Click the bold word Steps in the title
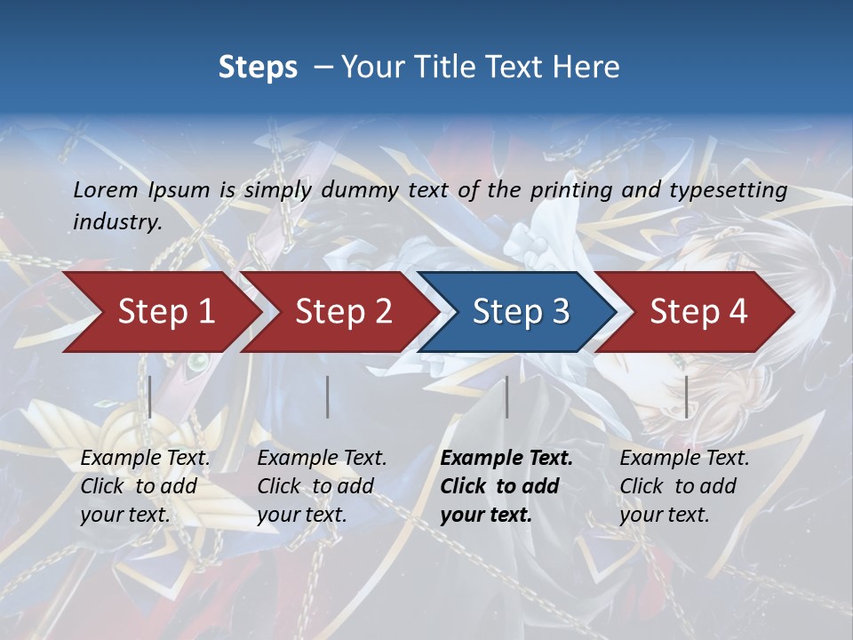click(258, 68)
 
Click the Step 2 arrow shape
click(343, 312)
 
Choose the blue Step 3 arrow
click(521, 312)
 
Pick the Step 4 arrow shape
click(698, 312)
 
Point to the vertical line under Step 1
click(150, 396)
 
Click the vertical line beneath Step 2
click(328, 396)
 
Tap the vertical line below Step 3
click(506, 396)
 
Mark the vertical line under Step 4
click(686, 396)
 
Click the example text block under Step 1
click(145, 486)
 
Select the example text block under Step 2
click(322, 486)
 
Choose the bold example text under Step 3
click(506, 486)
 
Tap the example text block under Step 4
click(684, 486)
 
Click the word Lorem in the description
click(106, 190)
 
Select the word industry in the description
click(117, 222)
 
